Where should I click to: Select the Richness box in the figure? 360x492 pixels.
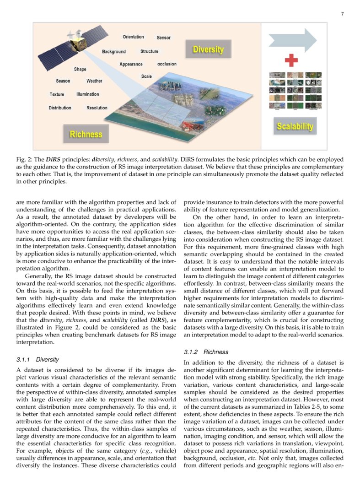tap(86, 134)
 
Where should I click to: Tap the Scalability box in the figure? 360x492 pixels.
tap(295, 126)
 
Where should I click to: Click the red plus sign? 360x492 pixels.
tap(291, 60)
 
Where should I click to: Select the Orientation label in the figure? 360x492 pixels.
tap(133, 37)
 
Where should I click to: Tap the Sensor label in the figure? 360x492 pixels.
tap(164, 38)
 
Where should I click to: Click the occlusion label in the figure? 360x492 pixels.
tap(167, 64)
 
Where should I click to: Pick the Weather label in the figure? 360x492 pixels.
tap(94, 81)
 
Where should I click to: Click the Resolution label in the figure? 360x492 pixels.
tap(97, 108)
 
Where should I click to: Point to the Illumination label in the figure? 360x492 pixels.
tap(88, 94)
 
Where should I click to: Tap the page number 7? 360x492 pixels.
tap(342, 14)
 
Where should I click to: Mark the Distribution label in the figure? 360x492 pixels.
tap(60, 108)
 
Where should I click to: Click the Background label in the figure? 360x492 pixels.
tap(114, 52)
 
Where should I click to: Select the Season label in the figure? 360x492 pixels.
tap(63, 81)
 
